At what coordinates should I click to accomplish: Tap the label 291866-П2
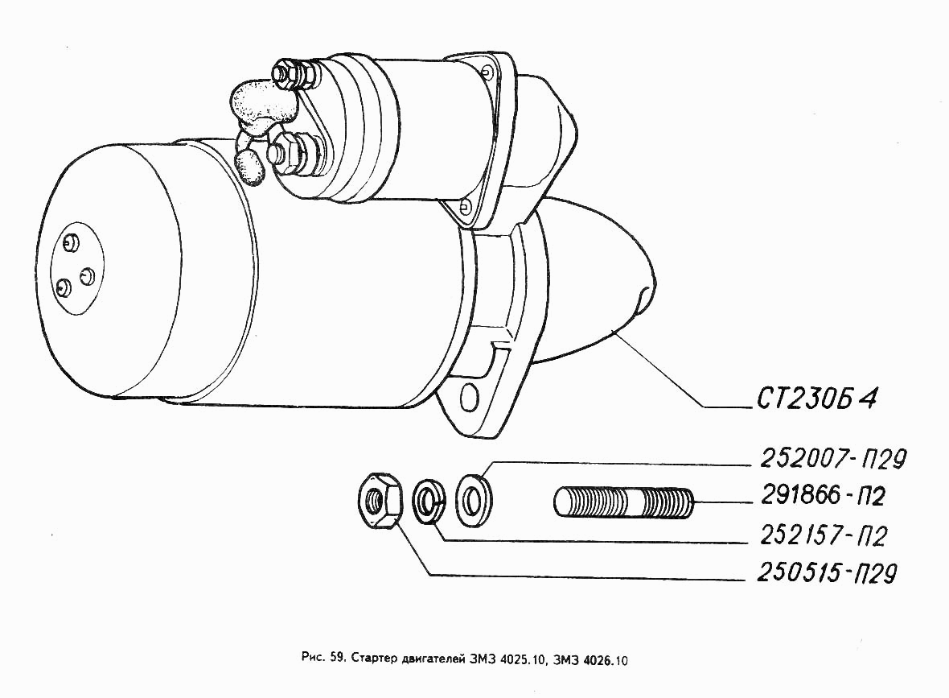point(822,497)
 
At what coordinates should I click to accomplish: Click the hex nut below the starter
point(379,499)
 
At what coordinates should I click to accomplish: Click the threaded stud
point(623,501)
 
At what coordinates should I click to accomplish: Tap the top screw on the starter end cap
point(69,242)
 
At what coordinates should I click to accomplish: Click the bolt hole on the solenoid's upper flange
point(490,73)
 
